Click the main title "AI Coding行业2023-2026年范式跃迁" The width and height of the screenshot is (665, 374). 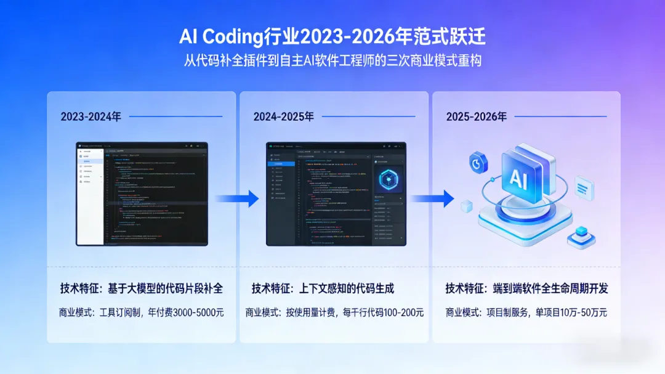coord(332,37)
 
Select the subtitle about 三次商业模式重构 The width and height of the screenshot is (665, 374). coord(332,62)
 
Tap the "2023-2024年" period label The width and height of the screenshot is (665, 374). coord(91,116)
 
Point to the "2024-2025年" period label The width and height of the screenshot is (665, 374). coord(283,116)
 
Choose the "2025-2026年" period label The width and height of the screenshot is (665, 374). coord(477,116)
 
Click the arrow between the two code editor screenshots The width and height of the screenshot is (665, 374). coord(237,198)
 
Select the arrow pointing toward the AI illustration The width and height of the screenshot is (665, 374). coord(432,198)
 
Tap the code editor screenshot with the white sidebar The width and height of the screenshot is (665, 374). coord(142,194)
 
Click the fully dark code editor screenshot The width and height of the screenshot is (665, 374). coord(336,194)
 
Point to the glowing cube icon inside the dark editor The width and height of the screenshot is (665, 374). coord(387,179)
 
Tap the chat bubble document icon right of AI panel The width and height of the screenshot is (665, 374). coord(583,185)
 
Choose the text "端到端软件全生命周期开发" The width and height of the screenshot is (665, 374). coord(551,288)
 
